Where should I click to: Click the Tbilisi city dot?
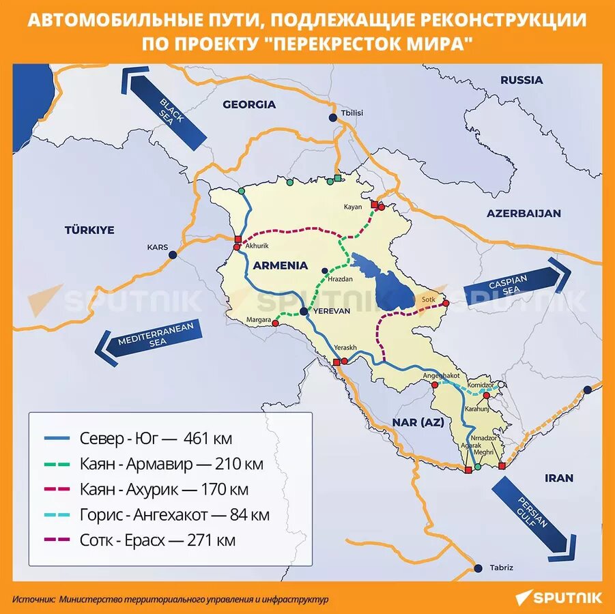click(x=333, y=118)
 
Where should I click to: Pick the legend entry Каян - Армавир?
click(x=171, y=464)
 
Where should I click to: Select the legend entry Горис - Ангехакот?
click(x=174, y=515)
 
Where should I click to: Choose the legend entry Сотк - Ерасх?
click(x=157, y=540)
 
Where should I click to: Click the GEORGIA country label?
click(x=249, y=104)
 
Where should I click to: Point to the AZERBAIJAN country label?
click(x=524, y=213)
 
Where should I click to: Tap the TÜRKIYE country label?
click(x=89, y=230)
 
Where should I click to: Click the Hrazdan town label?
click(x=340, y=280)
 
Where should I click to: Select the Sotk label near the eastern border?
click(x=428, y=299)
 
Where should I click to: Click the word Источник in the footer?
click(x=33, y=599)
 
